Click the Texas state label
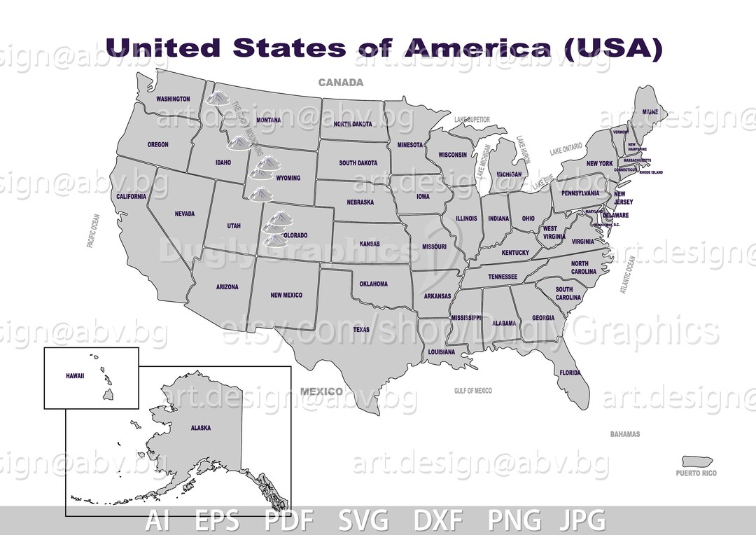pyautogui.click(x=361, y=329)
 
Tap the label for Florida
pyautogui.click(x=570, y=373)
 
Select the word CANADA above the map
pyautogui.click(x=341, y=83)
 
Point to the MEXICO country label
pyautogui.click(x=322, y=391)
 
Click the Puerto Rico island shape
pyautogui.click(x=697, y=461)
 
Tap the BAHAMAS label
pyautogui.click(x=624, y=434)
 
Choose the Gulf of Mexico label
pyautogui.click(x=472, y=391)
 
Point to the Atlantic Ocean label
pyautogui.click(x=628, y=275)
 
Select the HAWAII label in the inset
pyautogui.click(x=75, y=376)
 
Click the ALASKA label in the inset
pyautogui.click(x=200, y=428)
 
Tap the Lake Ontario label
pyautogui.click(x=566, y=150)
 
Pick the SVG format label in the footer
pyautogui.click(x=364, y=521)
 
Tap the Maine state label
pyautogui.click(x=650, y=112)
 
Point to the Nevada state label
pyautogui.click(x=185, y=214)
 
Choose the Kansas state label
pyautogui.click(x=370, y=244)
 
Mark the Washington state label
pyautogui.click(x=173, y=99)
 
